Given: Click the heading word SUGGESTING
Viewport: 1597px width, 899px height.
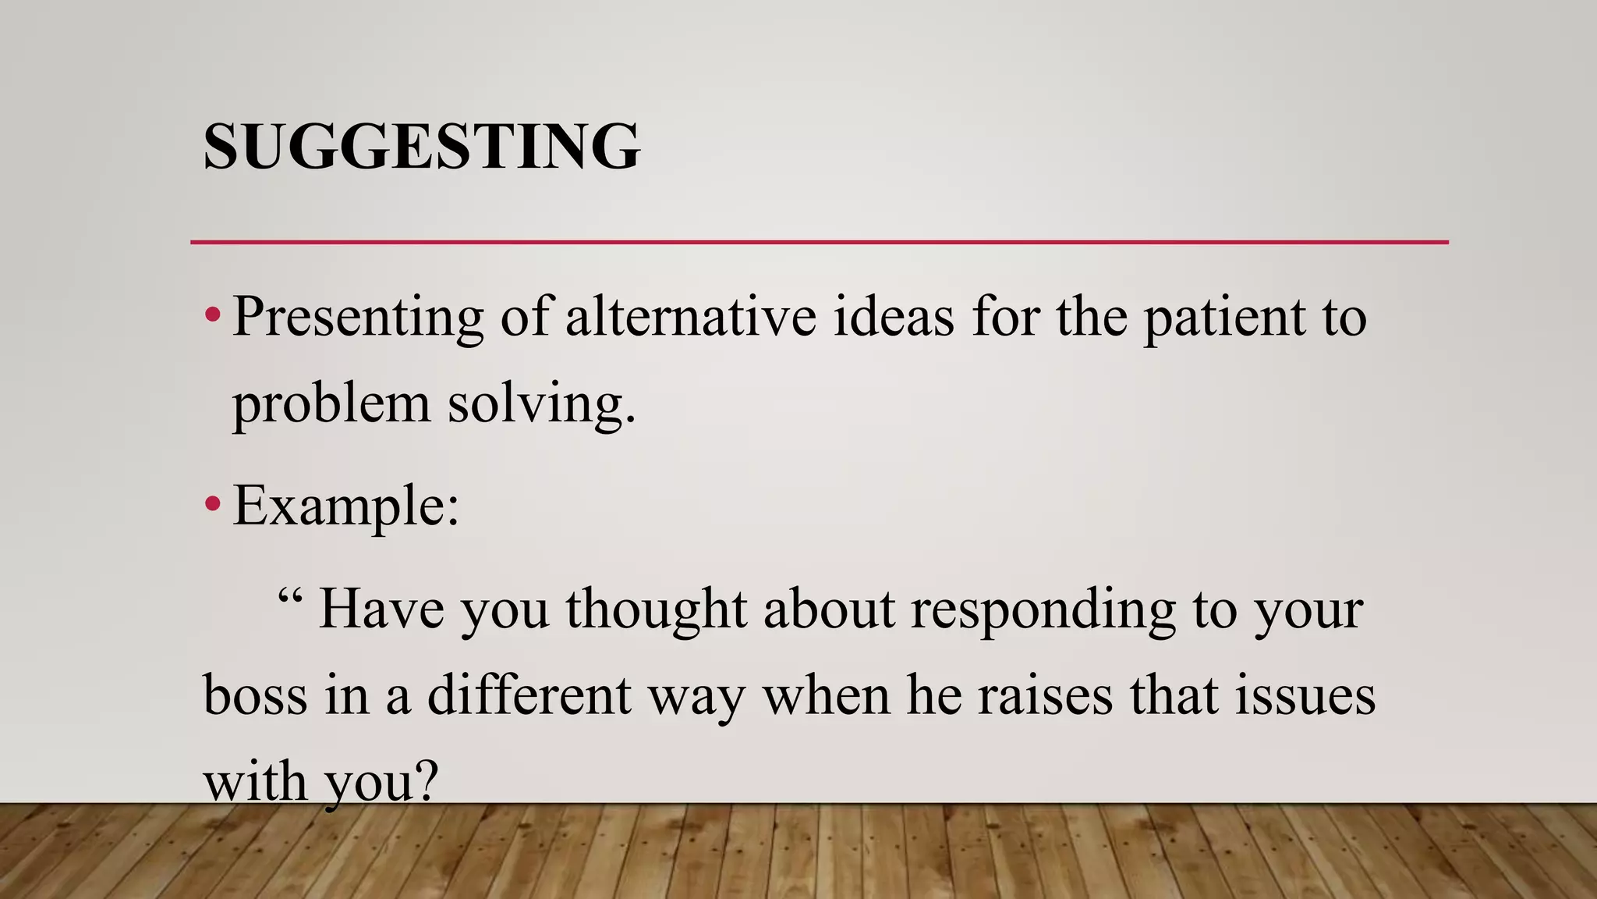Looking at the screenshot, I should [421, 146].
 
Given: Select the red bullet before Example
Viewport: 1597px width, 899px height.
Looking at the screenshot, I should [212, 505].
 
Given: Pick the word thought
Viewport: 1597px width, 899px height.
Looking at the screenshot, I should [656, 609].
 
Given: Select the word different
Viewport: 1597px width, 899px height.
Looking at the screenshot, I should [529, 695].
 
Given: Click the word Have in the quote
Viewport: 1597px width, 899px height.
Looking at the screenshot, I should [381, 609].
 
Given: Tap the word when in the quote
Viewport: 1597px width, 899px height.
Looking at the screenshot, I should [826, 695].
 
